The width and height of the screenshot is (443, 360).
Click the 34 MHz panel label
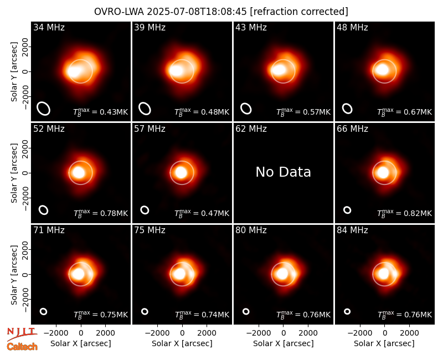point(49,27)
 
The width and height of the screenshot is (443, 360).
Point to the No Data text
point(283,172)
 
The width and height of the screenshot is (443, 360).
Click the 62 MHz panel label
point(251,129)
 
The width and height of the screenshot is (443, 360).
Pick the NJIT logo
point(22,334)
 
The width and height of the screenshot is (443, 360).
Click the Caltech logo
point(22,347)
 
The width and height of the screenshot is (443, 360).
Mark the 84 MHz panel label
point(352,230)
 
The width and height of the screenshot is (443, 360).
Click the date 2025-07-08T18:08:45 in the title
point(197,12)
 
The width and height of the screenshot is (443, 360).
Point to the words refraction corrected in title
point(299,12)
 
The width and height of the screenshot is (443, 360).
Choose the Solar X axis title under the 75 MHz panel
point(182,343)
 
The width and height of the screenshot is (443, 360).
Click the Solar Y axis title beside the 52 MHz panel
point(14,173)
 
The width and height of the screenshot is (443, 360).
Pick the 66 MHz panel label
point(352,129)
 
